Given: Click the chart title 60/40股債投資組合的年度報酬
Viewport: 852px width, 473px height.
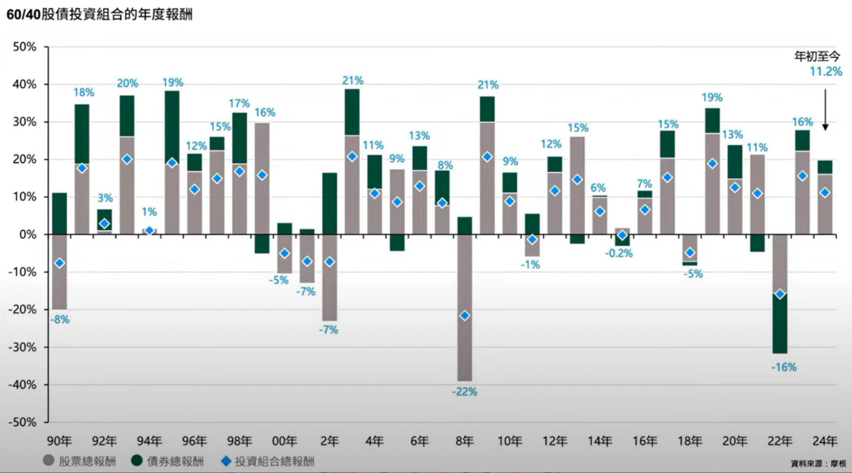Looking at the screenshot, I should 99,14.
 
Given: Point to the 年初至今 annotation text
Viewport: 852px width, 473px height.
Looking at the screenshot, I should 818,56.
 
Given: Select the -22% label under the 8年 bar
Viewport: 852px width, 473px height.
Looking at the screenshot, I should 464,392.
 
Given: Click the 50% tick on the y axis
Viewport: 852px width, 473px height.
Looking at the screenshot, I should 25,47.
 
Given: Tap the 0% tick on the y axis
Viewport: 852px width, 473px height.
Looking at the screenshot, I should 28,234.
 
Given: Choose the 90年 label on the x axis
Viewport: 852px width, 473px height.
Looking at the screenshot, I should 59,441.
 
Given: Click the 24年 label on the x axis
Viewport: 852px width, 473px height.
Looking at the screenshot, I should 824,441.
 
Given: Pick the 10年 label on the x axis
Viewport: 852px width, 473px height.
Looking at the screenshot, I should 509,441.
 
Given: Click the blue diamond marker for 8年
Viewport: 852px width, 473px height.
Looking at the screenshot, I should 464,315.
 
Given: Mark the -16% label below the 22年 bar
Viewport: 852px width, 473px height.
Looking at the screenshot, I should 784,368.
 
